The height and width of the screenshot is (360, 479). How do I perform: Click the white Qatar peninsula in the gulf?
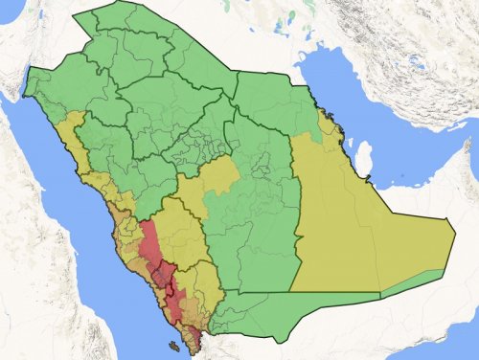tap(364, 155)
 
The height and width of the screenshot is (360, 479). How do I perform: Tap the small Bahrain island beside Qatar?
tap(350, 144)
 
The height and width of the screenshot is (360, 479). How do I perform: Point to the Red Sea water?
tap(67, 220)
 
